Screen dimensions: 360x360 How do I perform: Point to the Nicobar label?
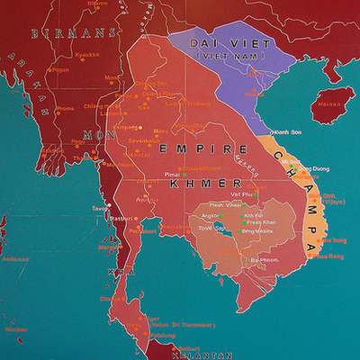[15, 329]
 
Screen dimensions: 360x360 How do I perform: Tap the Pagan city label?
[61, 68]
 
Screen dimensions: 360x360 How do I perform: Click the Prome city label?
[65, 108]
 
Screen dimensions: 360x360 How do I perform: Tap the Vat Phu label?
[241, 194]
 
